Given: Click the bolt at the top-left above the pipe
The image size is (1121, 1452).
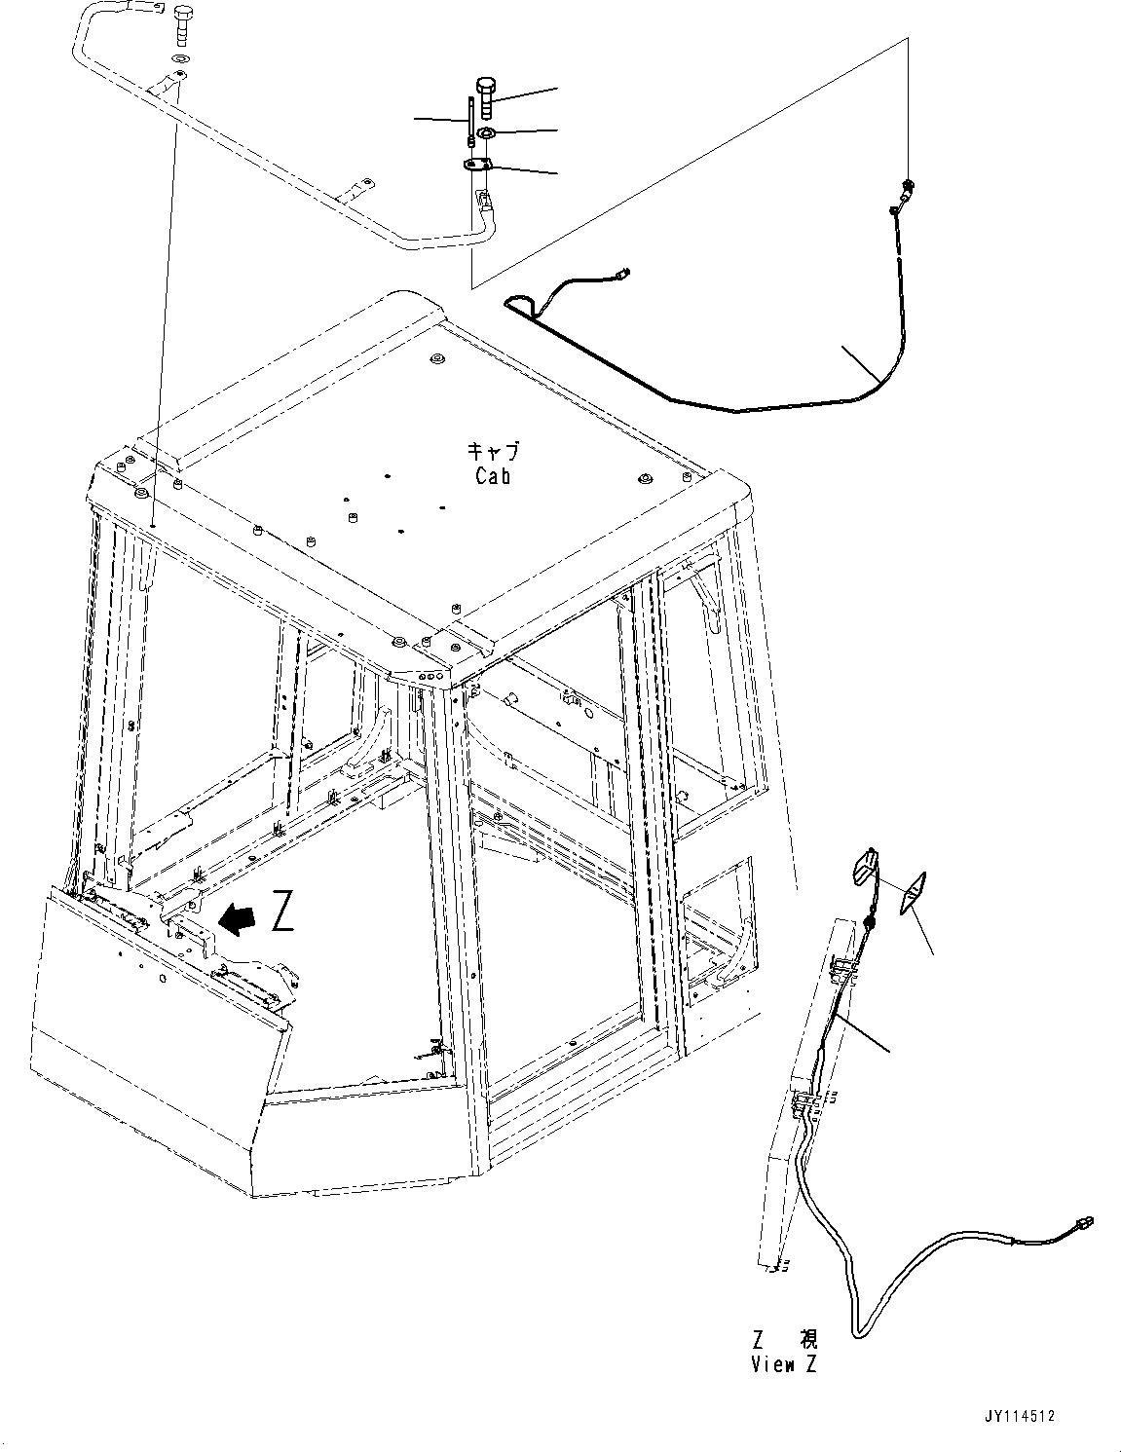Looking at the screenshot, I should coord(182,23).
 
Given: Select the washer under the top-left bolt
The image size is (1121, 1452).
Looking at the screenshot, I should coord(178,60).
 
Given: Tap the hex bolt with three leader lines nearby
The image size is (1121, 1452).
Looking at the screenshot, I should coord(486,97).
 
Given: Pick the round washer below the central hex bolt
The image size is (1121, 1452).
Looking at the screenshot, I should coord(486,132).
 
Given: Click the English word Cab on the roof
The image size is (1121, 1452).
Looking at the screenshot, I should coord(493,476).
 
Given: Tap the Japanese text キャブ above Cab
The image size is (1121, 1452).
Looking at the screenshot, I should coord(493,451).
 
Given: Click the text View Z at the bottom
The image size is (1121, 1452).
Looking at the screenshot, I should coord(784,1364).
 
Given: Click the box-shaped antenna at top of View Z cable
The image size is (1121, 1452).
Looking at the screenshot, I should coord(867,863).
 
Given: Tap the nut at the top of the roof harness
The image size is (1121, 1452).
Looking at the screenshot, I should coord(908,185).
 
